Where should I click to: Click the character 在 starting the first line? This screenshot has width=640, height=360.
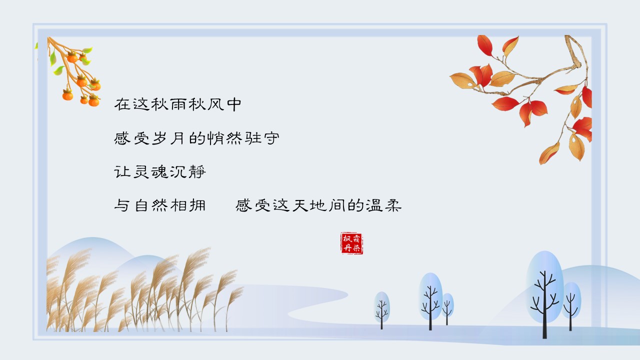point(122,104)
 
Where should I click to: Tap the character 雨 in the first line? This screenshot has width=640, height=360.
point(178,104)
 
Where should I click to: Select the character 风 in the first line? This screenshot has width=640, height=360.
point(215,104)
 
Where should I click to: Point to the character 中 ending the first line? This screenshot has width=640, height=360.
point(234,104)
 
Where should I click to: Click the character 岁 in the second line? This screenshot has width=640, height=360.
point(159,138)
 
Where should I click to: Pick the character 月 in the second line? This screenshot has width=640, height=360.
point(177,138)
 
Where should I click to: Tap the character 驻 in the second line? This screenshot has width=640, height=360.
point(253,138)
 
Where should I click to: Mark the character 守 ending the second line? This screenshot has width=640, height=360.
point(271,138)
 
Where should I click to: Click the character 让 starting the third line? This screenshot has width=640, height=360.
point(122,172)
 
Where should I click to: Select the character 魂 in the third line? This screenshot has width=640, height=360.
point(159,172)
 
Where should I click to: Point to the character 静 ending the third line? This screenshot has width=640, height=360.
point(197,172)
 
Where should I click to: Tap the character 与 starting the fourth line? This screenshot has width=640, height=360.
point(122,205)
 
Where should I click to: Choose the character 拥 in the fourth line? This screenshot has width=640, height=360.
point(197,205)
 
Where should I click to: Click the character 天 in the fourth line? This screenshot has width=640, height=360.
point(300,205)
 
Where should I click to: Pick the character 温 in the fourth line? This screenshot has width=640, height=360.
point(374,205)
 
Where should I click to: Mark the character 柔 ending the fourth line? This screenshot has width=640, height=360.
point(393,205)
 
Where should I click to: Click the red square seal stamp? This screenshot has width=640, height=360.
point(352,243)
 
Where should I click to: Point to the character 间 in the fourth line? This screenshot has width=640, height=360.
point(337,205)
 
